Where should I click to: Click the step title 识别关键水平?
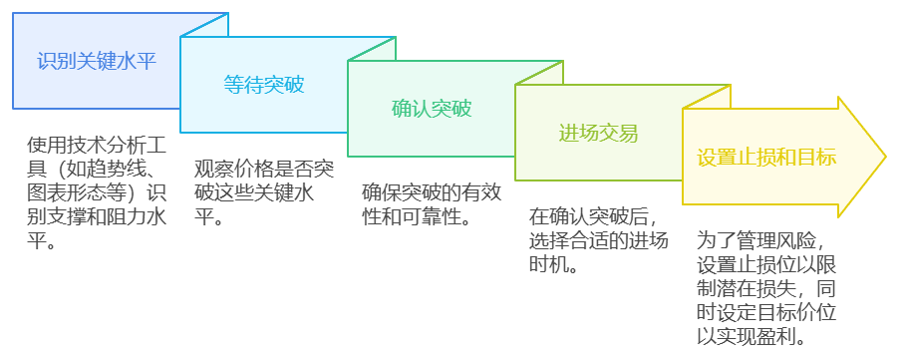97,60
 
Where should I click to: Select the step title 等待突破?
264,85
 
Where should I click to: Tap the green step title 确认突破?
432,108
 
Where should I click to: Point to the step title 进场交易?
598,133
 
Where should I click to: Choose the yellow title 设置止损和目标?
765,157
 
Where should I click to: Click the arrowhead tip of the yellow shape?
884,157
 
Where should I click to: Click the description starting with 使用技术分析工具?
96,191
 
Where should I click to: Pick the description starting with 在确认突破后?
599,240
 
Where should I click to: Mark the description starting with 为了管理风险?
765,289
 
